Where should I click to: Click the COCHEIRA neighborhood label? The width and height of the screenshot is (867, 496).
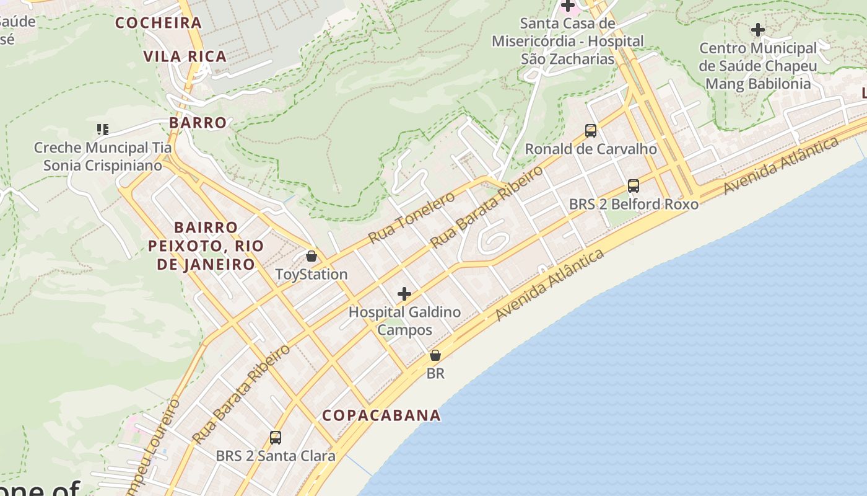[x=159, y=23]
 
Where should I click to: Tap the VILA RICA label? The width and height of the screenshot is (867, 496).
[x=185, y=56]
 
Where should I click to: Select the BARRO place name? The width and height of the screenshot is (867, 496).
[x=198, y=123]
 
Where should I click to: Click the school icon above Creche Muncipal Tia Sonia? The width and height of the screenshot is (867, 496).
[x=103, y=130]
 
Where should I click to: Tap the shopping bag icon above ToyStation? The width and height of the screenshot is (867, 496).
[x=312, y=256]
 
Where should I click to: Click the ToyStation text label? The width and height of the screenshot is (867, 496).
[x=312, y=274]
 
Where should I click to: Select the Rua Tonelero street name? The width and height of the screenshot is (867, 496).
[x=411, y=217]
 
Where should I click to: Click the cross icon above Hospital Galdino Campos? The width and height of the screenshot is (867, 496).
[x=404, y=294]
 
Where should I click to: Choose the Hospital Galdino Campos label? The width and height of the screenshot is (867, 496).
[x=404, y=321]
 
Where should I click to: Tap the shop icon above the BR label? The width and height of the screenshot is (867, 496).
[x=435, y=355]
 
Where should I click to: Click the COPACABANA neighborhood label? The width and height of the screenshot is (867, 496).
[x=381, y=415]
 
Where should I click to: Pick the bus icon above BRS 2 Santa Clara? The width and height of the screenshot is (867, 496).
[x=276, y=438]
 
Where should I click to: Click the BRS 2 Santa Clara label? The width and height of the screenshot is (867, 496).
[x=276, y=456]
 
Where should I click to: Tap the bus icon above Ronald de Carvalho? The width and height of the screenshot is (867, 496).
[x=591, y=131]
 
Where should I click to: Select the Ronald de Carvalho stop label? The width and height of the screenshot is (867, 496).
[x=591, y=149]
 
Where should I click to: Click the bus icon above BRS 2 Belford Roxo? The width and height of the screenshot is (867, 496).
[x=634, y=186]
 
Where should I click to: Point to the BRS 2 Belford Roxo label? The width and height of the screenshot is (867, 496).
[x=634, y=204]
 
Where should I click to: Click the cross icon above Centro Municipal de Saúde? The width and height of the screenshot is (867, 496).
[x=758, y=30]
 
